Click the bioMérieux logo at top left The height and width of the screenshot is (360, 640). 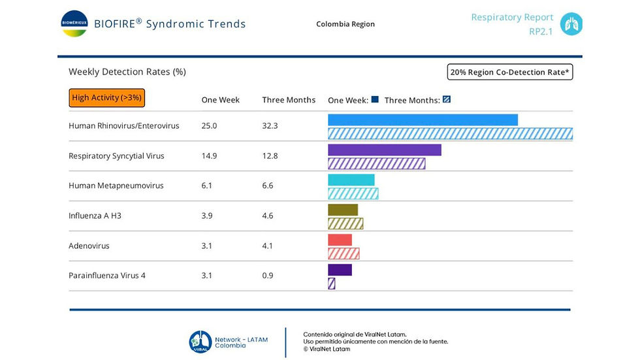coord(74,24)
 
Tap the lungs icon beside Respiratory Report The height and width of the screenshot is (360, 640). coord(571,24)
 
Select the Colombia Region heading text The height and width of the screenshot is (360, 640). coord(345,24)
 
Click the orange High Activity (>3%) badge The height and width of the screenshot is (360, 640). coord(106,98)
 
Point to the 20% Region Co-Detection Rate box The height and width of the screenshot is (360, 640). coord(510,72)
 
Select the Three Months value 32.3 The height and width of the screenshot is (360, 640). coord(270,125)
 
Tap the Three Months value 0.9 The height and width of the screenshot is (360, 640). coord(268,276)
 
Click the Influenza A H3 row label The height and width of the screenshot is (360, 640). coord(95,216)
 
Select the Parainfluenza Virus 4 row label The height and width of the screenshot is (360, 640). coord(107,276)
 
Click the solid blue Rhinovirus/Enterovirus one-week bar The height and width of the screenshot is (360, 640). coord(423,120)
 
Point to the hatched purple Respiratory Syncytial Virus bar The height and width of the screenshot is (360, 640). coord(376,164)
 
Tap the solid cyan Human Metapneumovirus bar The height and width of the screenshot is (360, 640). coord(351,180)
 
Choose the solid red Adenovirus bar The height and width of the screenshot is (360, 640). coord(340,240)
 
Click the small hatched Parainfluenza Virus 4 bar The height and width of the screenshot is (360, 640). coord(331,284)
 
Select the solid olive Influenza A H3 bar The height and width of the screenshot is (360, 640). coord(342,210)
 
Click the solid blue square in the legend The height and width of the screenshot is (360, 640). coord(375,100)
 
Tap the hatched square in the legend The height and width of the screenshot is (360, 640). coord(447,100)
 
